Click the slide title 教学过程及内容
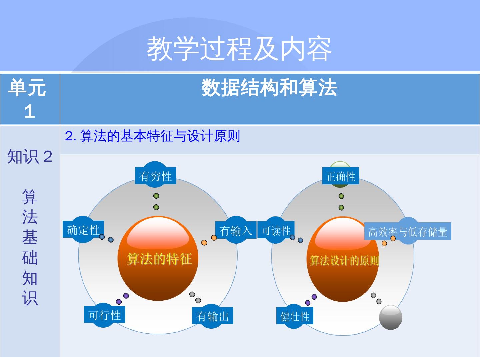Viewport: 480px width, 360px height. tap(239, 49)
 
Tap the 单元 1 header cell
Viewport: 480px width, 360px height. tap(30, 99)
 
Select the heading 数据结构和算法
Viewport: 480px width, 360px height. tap(269, 88)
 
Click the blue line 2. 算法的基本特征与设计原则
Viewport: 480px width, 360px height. tap(153, 136)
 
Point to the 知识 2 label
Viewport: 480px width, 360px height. tap(30, 156)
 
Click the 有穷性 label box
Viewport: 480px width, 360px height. tap(155, 176)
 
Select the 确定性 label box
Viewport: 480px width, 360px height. tap(83, 230)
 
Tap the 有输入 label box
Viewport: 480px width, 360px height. tap(235, 230)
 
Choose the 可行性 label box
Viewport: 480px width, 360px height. tap(104, 315)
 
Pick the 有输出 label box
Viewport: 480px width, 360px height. tap(212, 316)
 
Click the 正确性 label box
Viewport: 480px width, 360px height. tap(341, 176)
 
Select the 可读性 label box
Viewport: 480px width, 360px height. tap(276, 230)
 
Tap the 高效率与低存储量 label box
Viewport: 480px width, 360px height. tap(408, 231)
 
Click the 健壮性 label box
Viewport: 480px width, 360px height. tap(295, 316)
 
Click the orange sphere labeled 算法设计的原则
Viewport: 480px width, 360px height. tap(343, 260)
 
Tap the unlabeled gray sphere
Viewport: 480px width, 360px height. tap(390, 317)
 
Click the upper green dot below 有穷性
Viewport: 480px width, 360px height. tap(156, 196)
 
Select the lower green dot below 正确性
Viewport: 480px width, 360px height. tap(341, 208)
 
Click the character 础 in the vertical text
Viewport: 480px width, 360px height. tap(30, 258)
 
